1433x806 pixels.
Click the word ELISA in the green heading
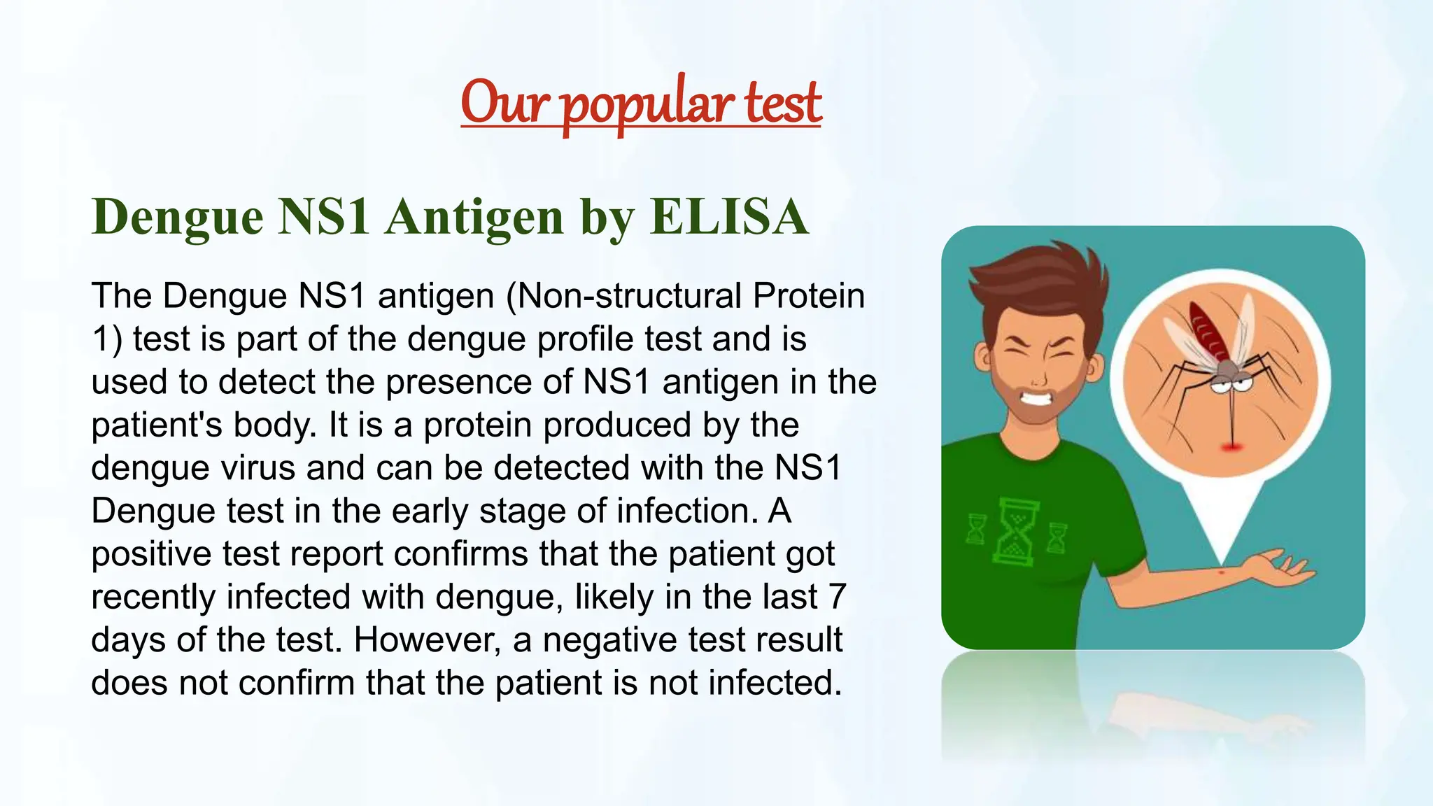click(x=729, y=216)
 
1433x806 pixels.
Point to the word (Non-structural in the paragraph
click(x=623, y=296)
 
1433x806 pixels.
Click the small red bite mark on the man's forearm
click(x=1222, y=573)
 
